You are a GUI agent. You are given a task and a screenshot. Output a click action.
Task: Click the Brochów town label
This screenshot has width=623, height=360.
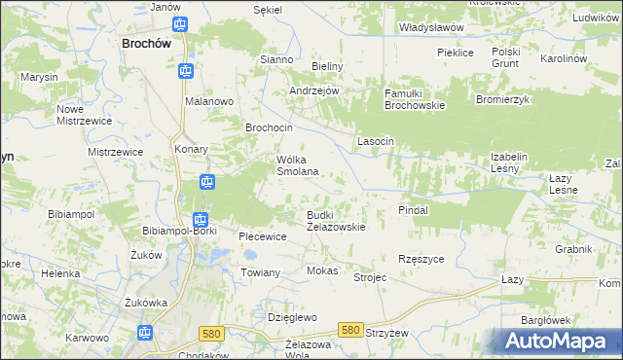tap(146, 44)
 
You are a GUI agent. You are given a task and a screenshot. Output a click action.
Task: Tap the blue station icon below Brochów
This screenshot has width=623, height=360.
tap(185, 71)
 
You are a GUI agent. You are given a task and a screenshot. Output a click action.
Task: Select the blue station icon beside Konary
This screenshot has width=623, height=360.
tap(206, 181)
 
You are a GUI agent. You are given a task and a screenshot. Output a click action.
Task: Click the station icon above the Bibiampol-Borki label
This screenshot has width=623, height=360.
tap(200, 220)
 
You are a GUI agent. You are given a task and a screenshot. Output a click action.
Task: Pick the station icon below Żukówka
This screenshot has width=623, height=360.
tap(145, 334)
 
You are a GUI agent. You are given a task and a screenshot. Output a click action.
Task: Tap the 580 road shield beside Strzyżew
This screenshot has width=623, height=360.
tap(349, 331)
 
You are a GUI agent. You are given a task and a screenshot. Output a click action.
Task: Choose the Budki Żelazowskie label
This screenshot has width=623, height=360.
tap(336, 220)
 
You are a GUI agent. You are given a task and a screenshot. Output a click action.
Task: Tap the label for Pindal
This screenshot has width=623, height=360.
tap(414, 209)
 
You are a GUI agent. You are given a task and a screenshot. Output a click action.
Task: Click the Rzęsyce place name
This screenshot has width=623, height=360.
tap(421, 259)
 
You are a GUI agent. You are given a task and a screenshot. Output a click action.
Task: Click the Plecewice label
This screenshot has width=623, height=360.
tap(263, 236)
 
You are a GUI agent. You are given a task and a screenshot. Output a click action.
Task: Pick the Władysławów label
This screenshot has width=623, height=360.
tap(431, 27)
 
